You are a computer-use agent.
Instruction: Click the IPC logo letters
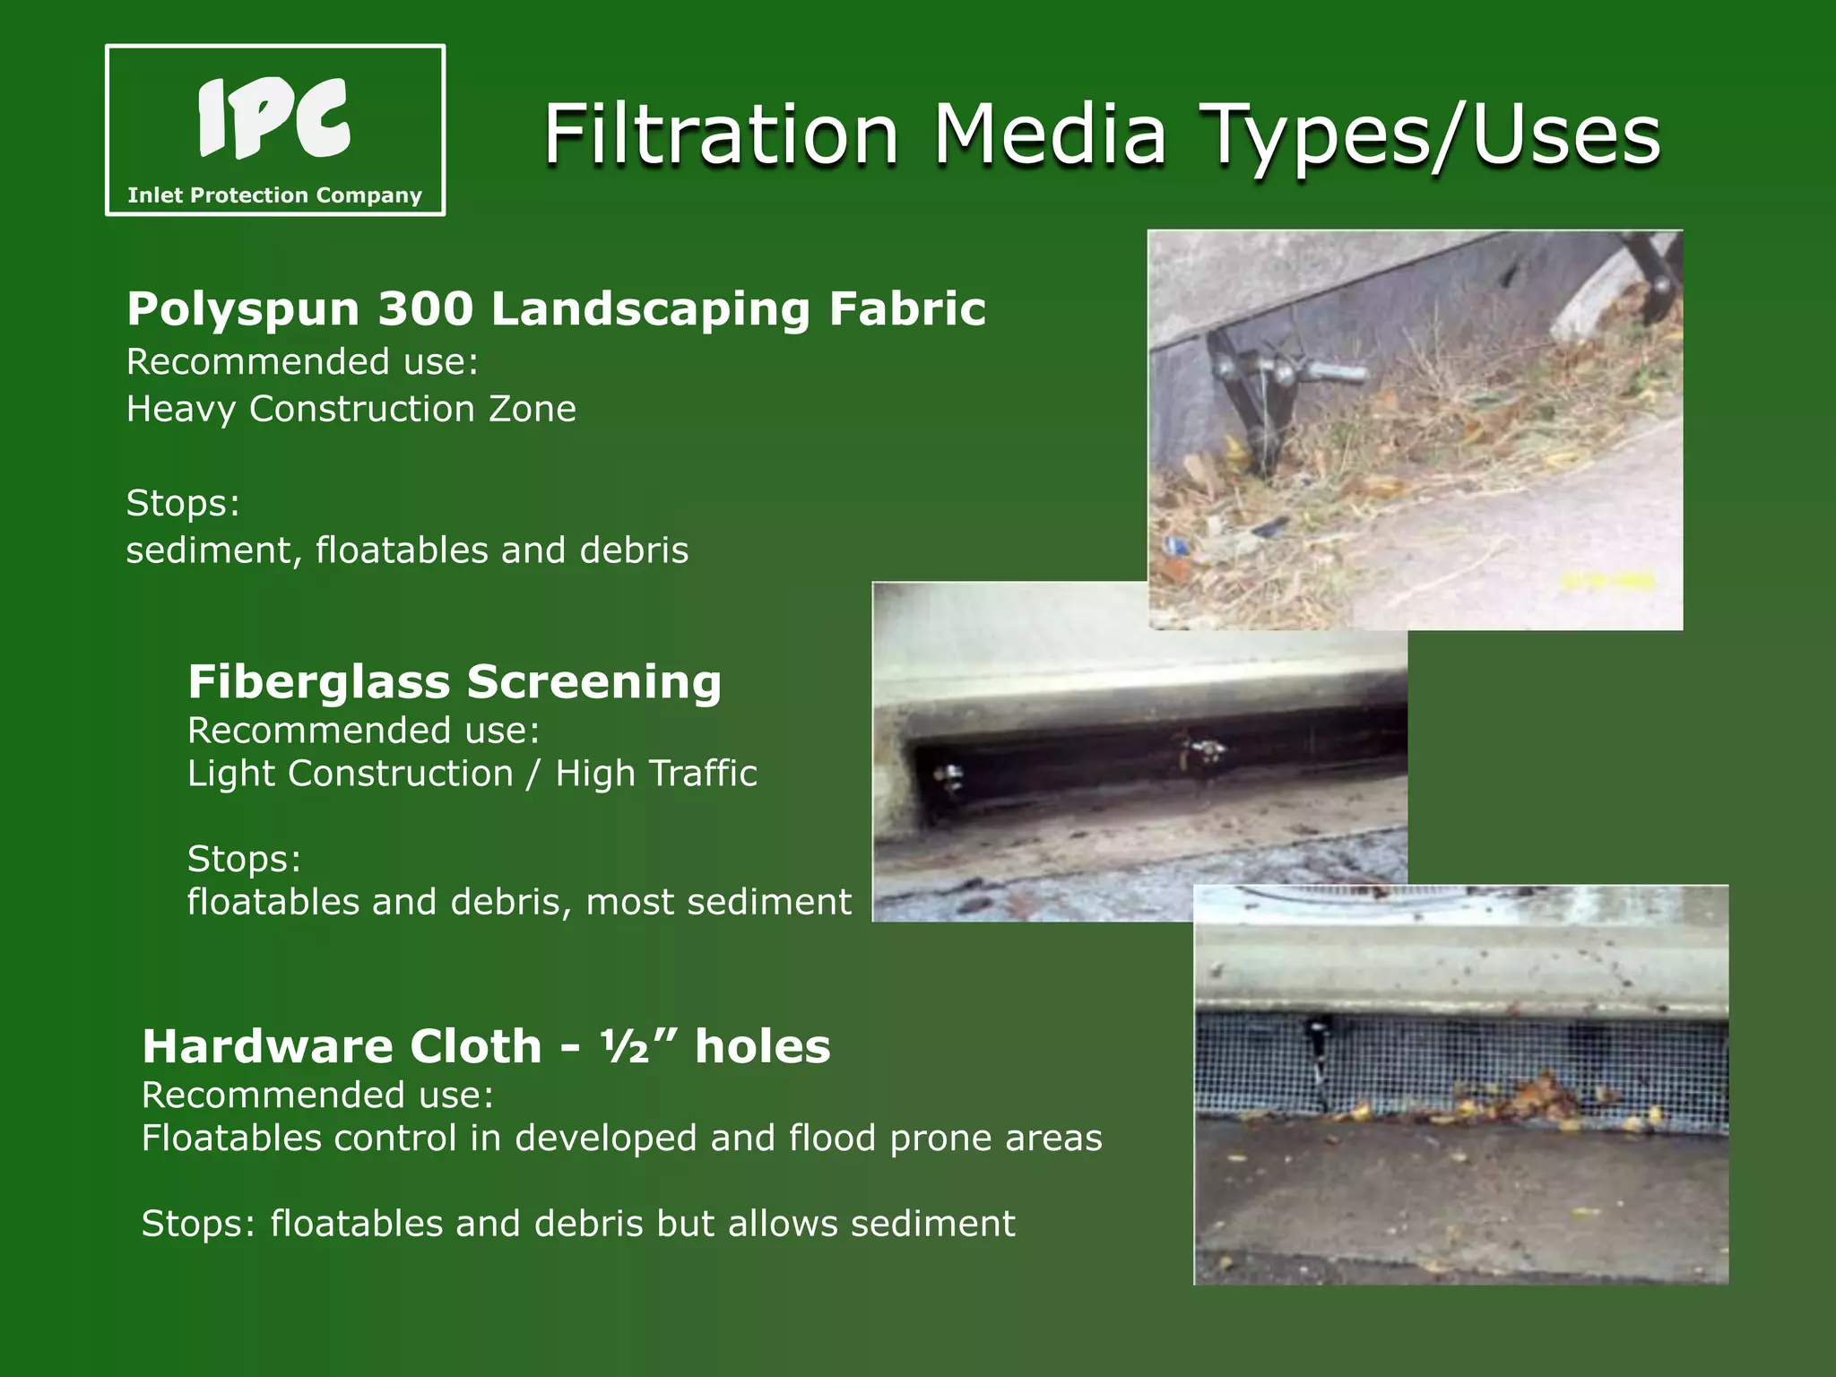tap(273, 118)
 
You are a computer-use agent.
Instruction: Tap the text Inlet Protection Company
tap(274, 195)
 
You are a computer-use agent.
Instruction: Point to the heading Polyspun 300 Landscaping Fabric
tap(556, 308)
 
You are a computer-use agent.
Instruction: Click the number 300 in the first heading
tap(425, 308)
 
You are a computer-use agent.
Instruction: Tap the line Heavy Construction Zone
tap(351, 409)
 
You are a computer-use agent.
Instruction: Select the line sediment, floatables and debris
tap(407, 550)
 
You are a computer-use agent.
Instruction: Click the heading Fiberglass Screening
tap(455, 681)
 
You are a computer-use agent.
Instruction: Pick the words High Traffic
tap(655, 773)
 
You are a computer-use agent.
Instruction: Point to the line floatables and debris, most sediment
tap(519, 902)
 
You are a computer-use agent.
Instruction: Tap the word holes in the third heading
tap(763, 1046)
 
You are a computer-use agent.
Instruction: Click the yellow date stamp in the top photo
tap(1608, 581)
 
